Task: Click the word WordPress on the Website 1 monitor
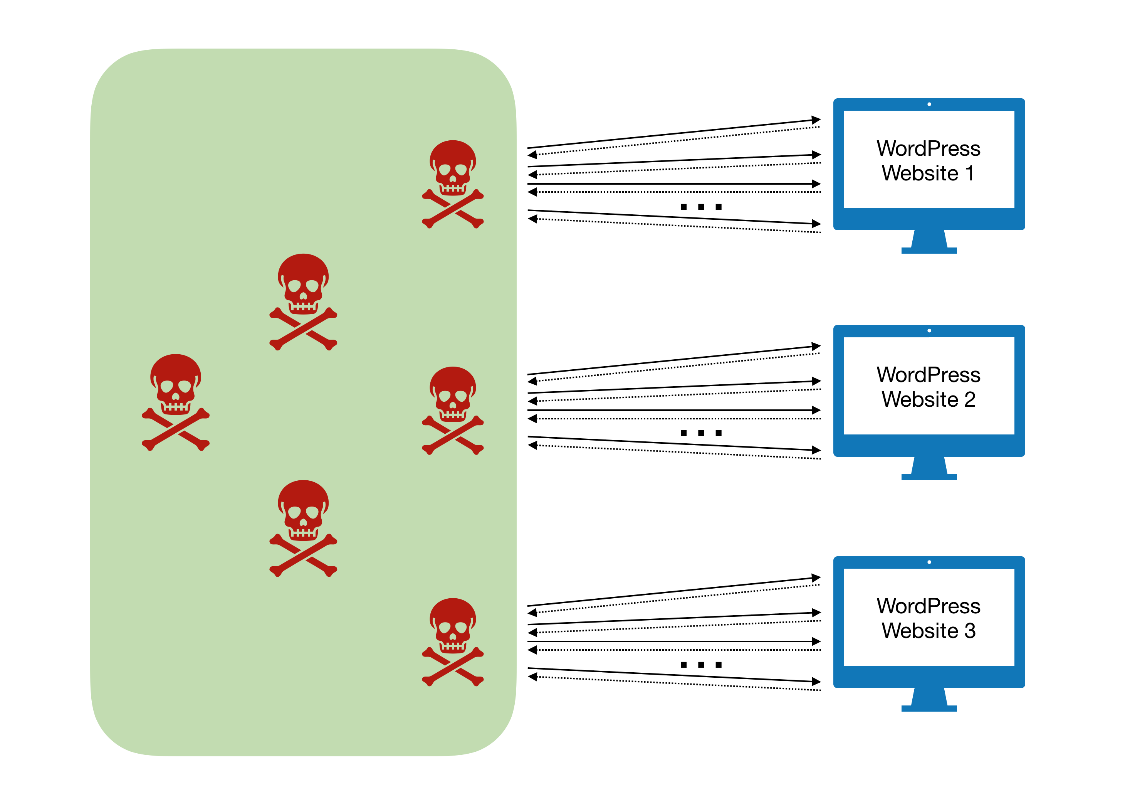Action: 928,148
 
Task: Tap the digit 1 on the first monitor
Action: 969,173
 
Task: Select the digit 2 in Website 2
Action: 969,399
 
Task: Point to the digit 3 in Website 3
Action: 970,631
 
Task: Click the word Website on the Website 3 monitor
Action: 920,631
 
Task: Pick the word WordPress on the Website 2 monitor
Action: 928,375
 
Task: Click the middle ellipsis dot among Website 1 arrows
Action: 701,207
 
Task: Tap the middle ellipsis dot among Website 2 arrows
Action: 701,433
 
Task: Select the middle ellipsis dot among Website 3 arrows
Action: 701,665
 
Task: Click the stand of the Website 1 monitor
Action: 929,242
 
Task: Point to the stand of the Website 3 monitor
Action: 929,700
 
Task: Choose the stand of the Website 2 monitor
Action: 929,468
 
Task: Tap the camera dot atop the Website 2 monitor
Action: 929,330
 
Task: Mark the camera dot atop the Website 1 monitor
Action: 929,104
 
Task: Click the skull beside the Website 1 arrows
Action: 452,183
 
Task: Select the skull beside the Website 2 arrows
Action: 452,410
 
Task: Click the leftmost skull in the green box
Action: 176,402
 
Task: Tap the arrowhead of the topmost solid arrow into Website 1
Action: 816,120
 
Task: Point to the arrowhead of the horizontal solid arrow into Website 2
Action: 816,410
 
